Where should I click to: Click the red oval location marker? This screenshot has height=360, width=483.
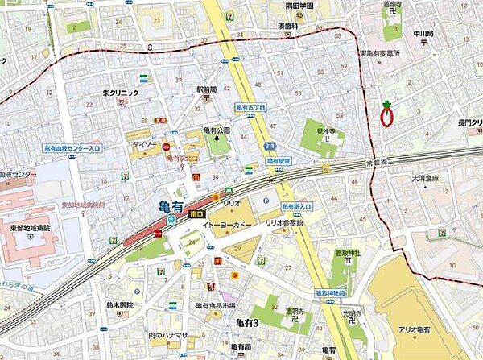click(x=386, y=118)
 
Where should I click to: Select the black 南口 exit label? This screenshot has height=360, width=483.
click(x=196, y=214)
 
